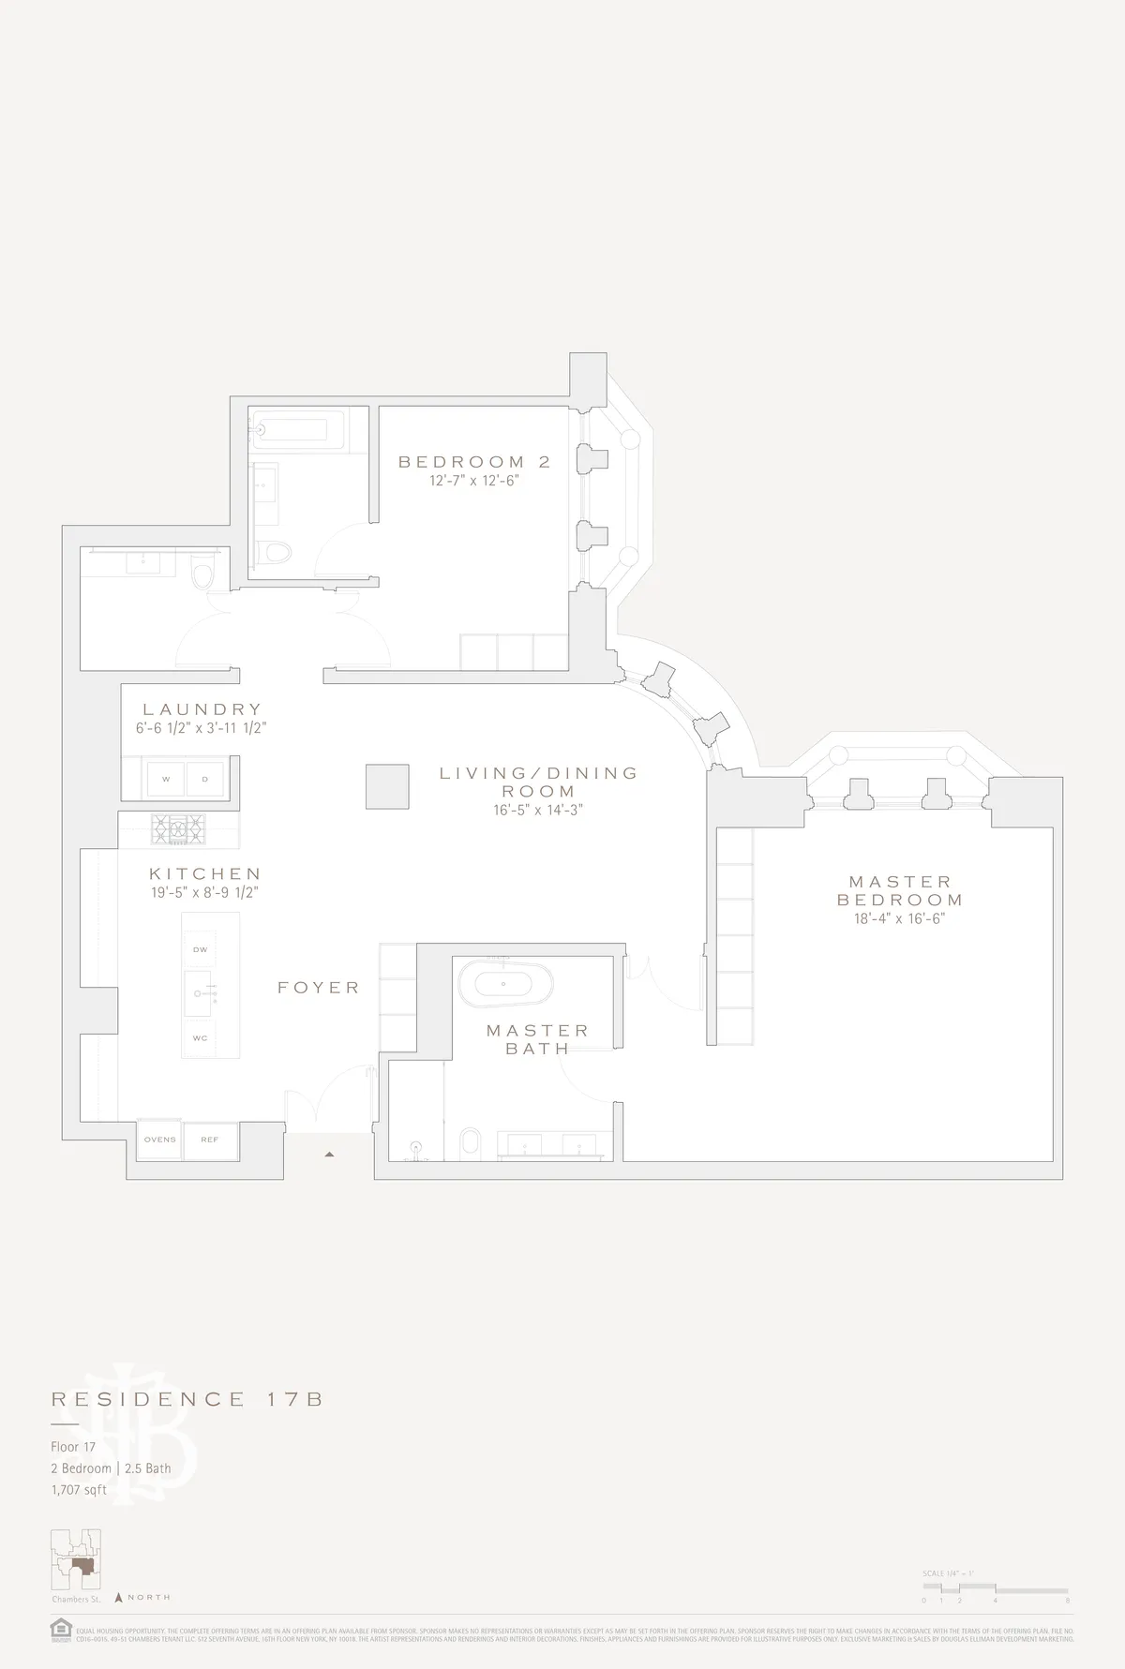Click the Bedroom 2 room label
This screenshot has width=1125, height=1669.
coord(473,461)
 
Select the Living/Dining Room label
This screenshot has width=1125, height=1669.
coord(539,782)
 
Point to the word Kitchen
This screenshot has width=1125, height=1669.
coord(204,873)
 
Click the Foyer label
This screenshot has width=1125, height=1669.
coord(319,988)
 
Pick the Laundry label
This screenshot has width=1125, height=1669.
coord(202,709)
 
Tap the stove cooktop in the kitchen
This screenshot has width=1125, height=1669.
coord(178,827)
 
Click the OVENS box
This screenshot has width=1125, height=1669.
coord(159,1140)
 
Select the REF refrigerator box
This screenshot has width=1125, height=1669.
coord(210,1140)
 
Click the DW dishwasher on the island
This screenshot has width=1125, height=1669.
coord(201,949)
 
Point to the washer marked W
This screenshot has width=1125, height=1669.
coord(166,779)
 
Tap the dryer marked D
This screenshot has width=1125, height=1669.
coord(205,779)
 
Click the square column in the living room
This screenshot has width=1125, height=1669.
coord(387,786)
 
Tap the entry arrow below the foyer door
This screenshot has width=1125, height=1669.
coord(329,1155)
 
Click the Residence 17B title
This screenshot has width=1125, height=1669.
coord(187,1399)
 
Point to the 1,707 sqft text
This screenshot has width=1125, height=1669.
coord(79,1490)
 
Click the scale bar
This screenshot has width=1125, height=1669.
coord(995,1589)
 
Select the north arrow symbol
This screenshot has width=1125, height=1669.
coord(119,1597)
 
